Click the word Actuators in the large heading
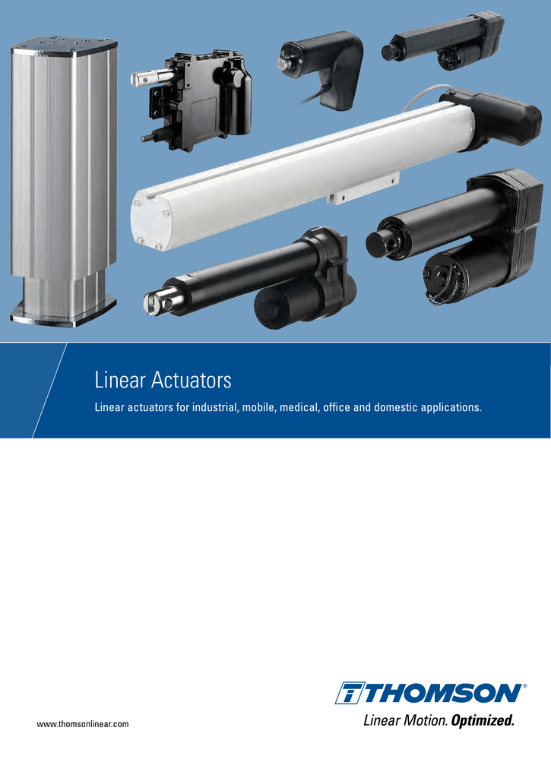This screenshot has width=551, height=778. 190,379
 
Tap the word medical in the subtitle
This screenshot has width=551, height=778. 299,408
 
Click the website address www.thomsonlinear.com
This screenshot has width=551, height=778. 83,724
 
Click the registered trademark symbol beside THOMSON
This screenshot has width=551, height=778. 524,685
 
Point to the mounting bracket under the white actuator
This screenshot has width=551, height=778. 362,188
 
